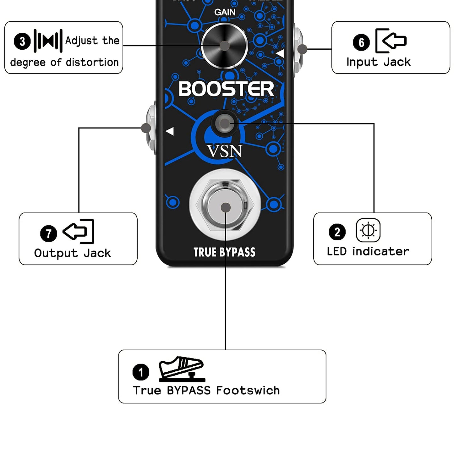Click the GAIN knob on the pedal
click(224, 46)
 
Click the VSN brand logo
click(224, 151)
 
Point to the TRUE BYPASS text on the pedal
click(224, 252)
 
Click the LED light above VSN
click(224, 123)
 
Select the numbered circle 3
click(22, 41)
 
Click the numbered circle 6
click(361, 42)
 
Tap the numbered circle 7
click(48, 233)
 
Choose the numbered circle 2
click(337, 232)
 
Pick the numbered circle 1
click(141, 372)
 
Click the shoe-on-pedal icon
click(182, 369)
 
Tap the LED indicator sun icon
click(368, 230)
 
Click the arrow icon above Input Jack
click(391, 41)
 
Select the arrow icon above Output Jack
click(79, 231)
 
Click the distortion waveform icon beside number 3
click(48, 41)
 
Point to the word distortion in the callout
click(92, 62)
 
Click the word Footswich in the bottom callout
click(248, 390)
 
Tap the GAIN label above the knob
click(225, 12)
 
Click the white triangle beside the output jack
click(170, 131)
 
